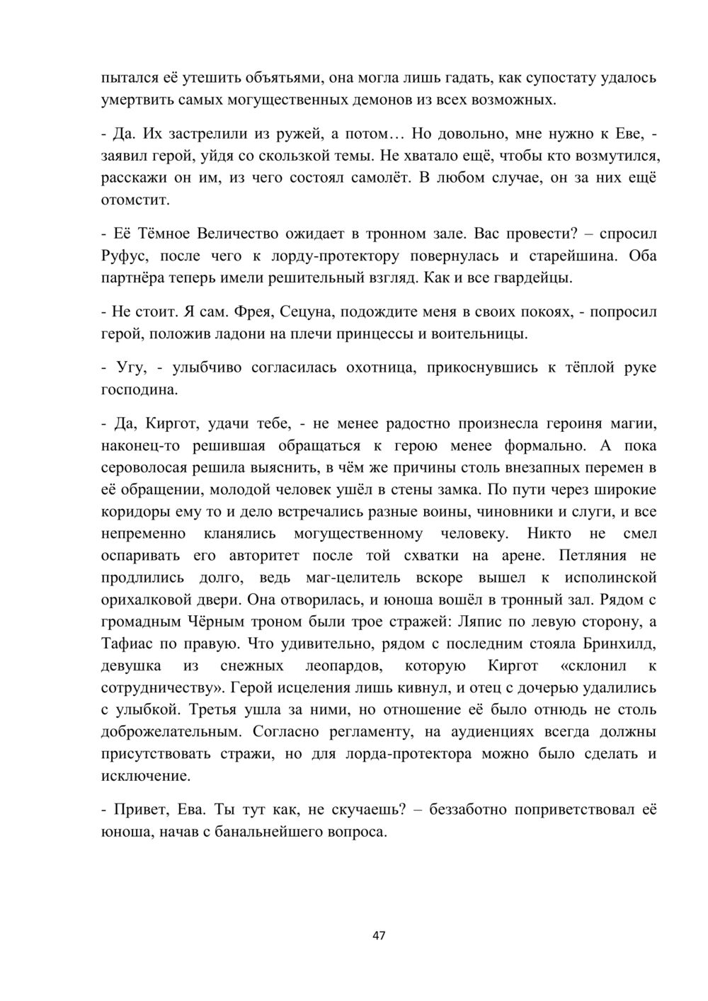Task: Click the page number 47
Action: (x=379, y=935)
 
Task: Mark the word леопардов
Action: (x=344, y=665)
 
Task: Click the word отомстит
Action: (x=136, y=200)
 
